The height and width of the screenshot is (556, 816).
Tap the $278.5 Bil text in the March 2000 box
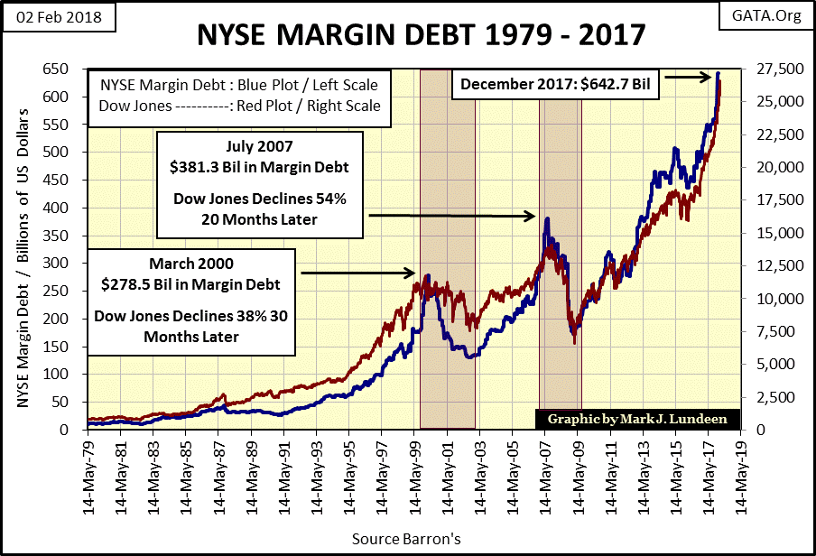tap(190, 284)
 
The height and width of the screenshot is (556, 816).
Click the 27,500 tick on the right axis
tap(766, 69)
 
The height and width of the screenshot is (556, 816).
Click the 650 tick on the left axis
tap(56, 69)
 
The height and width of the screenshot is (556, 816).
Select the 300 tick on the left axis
tap(56, 264)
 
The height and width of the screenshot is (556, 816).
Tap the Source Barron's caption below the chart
tap(408, 540)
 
